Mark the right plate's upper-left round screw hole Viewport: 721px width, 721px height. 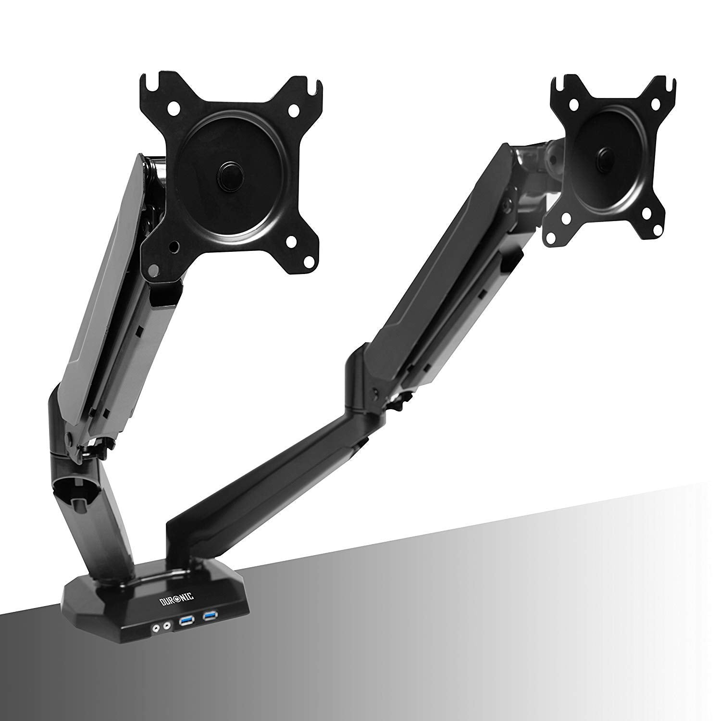click(x=573, y=103)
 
